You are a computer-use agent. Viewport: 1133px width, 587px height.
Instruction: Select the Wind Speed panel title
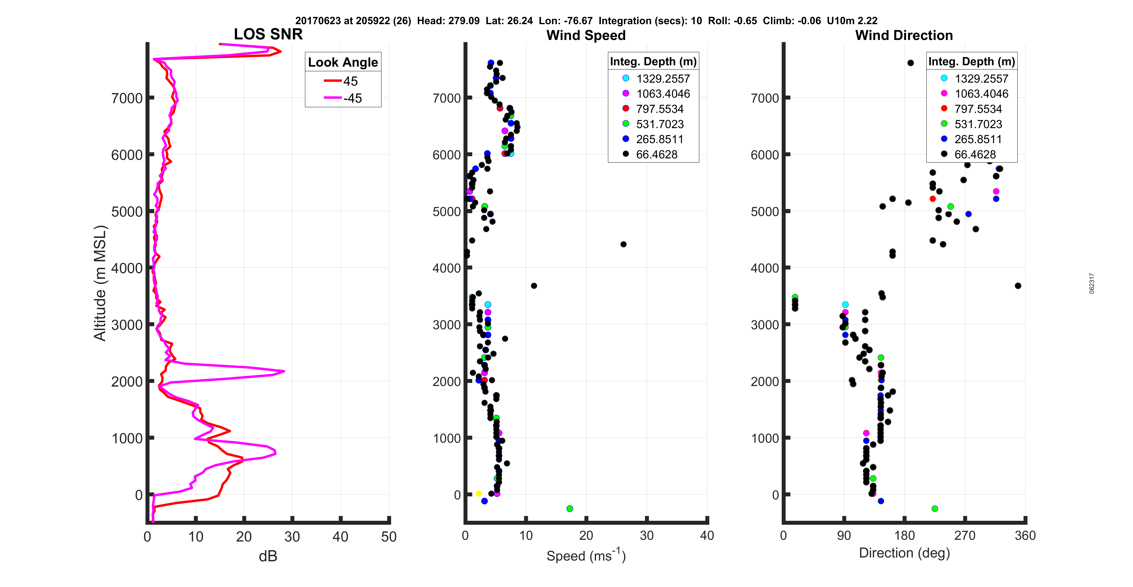(586, 35)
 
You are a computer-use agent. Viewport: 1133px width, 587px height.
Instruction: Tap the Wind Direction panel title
(904, 35)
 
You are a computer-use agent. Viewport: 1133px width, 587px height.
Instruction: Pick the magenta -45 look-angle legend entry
(343, 98)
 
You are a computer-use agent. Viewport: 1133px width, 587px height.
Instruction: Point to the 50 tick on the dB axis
(389, 536)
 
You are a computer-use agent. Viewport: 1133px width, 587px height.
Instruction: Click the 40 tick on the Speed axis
(707, 536)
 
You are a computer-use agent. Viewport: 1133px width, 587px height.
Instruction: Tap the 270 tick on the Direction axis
(965, 536)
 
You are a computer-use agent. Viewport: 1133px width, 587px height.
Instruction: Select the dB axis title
(268, 556)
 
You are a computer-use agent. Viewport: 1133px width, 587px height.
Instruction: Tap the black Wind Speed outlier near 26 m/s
(623, 244)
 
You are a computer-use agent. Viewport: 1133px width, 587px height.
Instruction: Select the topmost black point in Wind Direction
(910, 63)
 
